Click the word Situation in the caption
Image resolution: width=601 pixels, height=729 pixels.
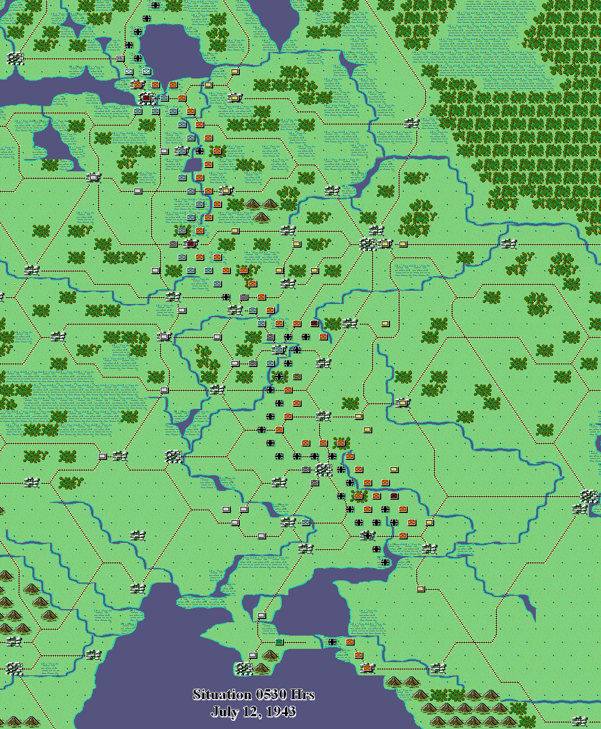point(219,695)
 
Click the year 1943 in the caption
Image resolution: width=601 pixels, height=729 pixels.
point(281,711)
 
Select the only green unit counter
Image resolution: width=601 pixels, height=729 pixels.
point(279,642)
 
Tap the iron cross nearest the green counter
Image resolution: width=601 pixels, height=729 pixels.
point(332,642)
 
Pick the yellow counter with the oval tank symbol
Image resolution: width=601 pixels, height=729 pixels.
point(235,98)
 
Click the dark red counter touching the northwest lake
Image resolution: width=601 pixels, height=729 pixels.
point(146,98)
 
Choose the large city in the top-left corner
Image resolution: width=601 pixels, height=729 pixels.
point(15,58)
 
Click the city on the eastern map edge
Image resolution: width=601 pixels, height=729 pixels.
point(589,496)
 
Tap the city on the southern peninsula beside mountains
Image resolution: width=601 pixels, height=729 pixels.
point(244,669)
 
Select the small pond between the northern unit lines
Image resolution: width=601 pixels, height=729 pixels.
point(193,165)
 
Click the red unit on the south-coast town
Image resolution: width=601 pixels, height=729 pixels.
point(367,668)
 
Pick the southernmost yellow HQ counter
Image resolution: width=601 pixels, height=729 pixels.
point(420,589)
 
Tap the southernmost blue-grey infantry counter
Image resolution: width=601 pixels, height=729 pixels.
point(305,522)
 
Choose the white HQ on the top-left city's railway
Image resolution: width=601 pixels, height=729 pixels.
point(120,58)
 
